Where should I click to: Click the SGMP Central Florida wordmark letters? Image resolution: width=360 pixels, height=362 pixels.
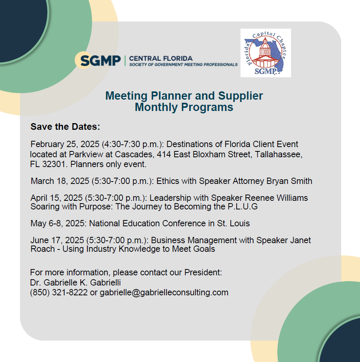101,61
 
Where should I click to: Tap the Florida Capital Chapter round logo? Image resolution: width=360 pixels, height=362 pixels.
266,53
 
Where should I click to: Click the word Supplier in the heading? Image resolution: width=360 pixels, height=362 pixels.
241,96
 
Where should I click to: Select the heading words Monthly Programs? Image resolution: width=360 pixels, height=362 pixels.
184,107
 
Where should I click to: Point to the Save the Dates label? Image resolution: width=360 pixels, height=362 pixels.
65,127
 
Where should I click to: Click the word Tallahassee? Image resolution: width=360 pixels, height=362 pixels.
279,155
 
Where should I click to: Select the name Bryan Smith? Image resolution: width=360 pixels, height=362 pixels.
289,181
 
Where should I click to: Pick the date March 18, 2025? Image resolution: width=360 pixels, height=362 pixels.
60,181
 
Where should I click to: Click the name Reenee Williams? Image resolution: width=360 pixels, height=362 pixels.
276,198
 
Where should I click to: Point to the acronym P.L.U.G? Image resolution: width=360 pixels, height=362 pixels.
242,206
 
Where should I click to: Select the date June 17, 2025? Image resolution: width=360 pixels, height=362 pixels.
57,240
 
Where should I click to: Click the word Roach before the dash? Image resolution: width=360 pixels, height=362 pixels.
42,249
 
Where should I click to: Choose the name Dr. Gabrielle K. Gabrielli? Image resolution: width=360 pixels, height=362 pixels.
75,282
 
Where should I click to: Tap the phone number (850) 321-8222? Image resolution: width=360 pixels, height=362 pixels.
59,293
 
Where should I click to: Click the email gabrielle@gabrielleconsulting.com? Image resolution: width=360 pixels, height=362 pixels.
164,293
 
